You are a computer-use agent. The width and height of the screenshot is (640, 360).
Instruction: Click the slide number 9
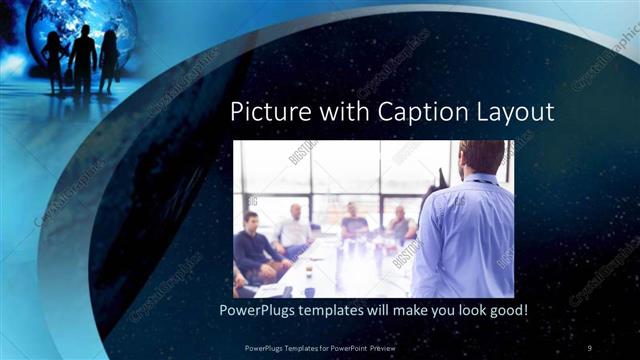click(590, 347)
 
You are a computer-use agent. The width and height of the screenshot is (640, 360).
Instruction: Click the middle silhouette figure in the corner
click(84, 55)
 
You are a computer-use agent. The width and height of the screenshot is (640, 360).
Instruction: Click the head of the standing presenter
click(481, 156)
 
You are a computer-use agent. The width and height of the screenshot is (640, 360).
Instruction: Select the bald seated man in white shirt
click(295, 229)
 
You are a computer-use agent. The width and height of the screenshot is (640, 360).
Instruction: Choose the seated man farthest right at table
click(400, 225)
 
